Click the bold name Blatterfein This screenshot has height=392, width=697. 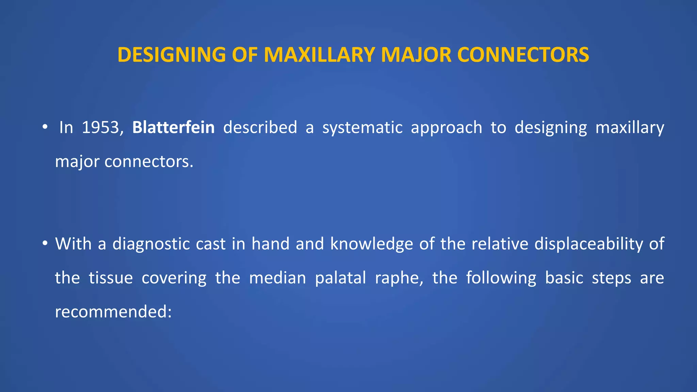click(173, 128)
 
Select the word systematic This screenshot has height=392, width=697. click(362, 128)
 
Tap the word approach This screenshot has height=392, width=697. click(446, 128)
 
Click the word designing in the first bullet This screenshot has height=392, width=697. click(551, 128)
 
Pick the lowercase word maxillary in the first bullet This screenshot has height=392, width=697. click(630, 128)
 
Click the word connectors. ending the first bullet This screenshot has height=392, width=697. click(149, 161)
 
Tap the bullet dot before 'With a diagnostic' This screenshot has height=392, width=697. click(45, 244)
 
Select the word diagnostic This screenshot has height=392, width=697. click(169, 244)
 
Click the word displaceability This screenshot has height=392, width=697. click(588, 244)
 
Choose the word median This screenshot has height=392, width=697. click(278, 278)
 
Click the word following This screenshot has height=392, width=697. click(501, 278)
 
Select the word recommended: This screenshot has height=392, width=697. click(113, 311)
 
